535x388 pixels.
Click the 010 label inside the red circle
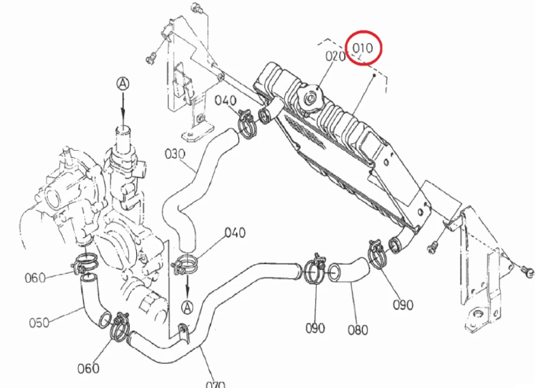coord(363,46)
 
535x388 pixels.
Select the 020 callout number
coord(335,56)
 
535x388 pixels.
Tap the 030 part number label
coord(174,154)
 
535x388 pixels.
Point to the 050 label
coord(39,322)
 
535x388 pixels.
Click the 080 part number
coord(358,330)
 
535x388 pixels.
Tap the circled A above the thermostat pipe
coord(123,83)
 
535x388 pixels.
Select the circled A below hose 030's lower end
coord(187,307)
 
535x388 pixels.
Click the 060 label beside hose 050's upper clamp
coord(36,277)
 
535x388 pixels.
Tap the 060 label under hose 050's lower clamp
coord(88,368)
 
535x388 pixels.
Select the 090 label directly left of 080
coord(315,328)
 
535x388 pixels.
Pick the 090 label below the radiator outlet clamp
coord(403,305)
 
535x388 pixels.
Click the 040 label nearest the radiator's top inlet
coord(225,100)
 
